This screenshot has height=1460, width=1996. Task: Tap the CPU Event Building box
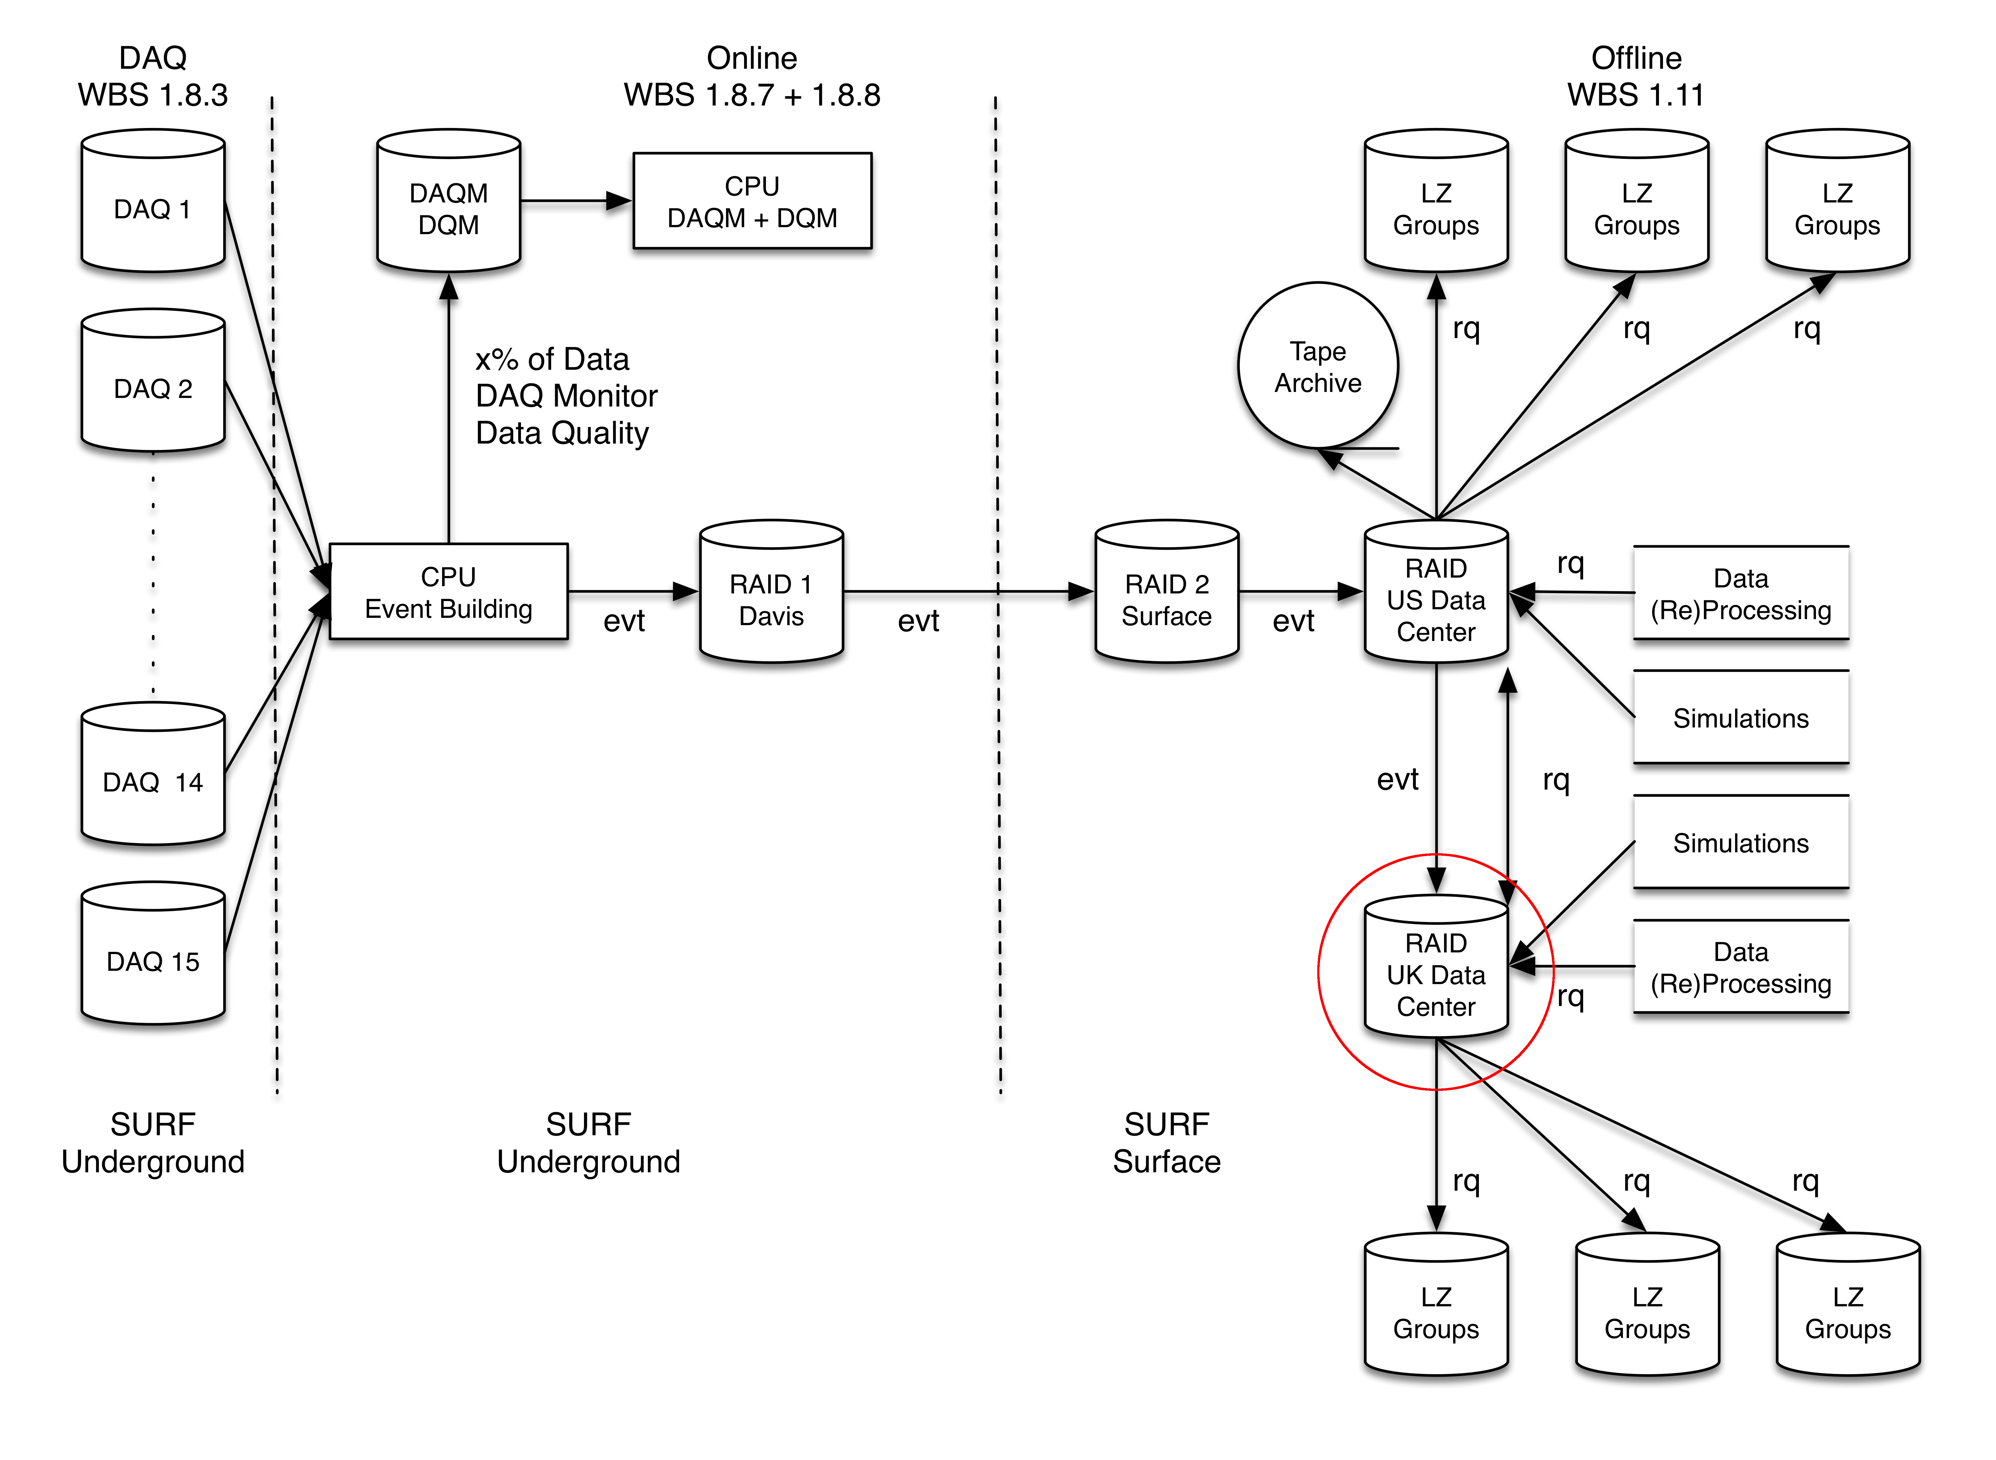point(448,592)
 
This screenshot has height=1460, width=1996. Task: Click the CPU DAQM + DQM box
point(752,202)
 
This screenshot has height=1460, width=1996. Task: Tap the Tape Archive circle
point(1317,366)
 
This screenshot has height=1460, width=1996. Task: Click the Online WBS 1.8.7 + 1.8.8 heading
point(752,76)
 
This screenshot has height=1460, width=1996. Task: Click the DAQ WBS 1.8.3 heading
point(153,76)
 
